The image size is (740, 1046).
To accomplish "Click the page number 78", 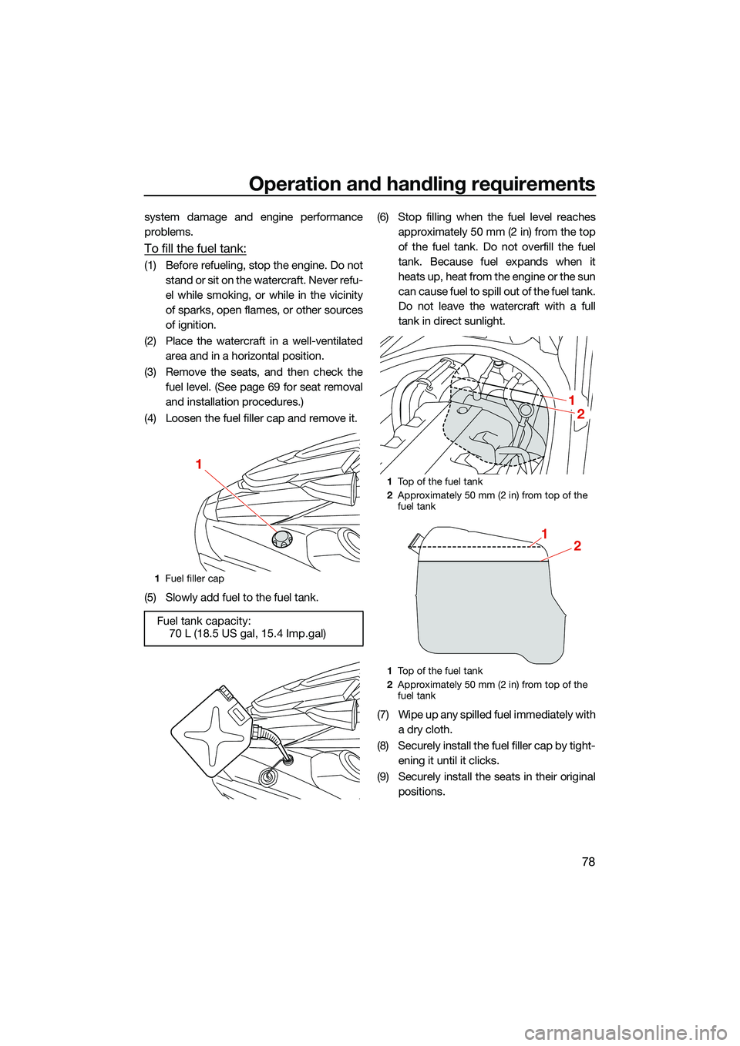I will (588, 861).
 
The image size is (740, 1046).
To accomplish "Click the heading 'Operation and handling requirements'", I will (422, 184).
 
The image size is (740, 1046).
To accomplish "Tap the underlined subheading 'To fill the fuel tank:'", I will (195, 248).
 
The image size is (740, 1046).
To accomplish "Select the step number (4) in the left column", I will (150, 418).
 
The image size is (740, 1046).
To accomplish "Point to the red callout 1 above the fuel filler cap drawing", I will (198, 464).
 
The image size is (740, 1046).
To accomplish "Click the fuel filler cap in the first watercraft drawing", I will (281, 538).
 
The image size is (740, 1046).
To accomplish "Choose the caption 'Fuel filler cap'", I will (194, 578).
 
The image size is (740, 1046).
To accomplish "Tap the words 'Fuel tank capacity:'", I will (203, 621).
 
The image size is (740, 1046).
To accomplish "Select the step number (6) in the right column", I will (383, 217).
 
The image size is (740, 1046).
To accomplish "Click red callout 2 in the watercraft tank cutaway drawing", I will (580, 414).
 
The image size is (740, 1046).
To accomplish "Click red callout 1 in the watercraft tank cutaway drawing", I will (572, 400).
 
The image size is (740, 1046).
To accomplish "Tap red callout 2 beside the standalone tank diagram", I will (577, 546).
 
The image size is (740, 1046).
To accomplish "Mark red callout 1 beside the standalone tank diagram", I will (544, 534).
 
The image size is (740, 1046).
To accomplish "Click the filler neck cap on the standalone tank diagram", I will (415, 540).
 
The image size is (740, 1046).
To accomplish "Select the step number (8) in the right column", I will (383, 746).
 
